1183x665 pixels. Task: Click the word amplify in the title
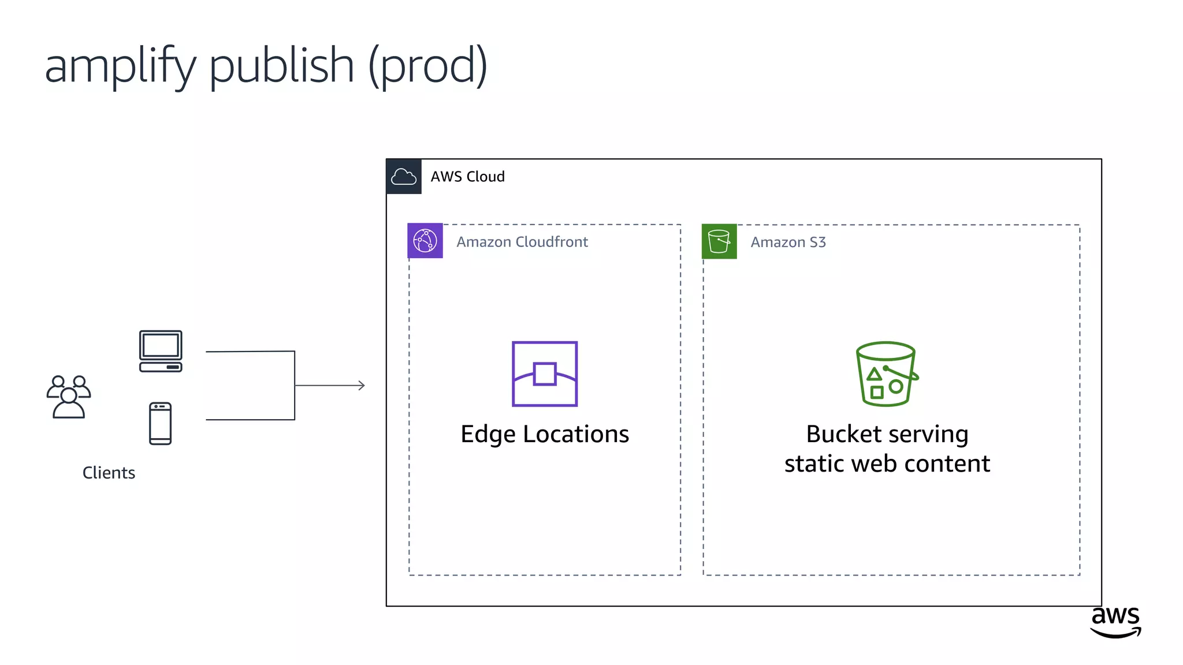click(120, 66)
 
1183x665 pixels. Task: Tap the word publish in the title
click(281, 66)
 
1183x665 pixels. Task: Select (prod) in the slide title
click(428, 66)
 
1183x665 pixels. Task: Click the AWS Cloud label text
click(467, 177)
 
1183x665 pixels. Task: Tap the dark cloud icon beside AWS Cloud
click(404, 177)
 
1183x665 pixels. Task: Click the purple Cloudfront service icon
click(425, 241)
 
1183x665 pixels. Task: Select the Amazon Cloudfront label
click(522, 242)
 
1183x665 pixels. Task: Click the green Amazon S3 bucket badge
click(719, 241)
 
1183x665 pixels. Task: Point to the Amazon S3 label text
click(788, 242)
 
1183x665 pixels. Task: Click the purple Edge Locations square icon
click(545, 374)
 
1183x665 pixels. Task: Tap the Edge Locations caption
click(545, 434)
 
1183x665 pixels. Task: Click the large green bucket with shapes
click(886, 374)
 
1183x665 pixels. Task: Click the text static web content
click(887, 464)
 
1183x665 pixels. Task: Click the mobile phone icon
click(160, 424)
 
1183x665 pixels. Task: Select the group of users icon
click(69, 397)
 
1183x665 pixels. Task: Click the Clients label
click(109, 473)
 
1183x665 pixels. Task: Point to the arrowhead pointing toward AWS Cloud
click(361, 385)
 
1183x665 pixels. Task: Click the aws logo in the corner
click(1115, 621)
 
